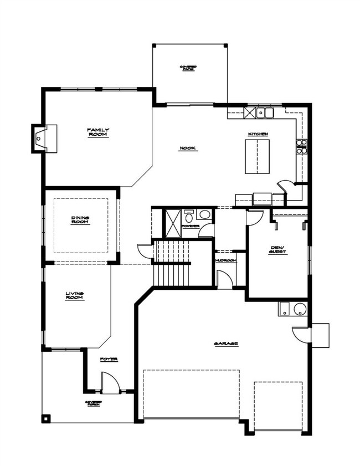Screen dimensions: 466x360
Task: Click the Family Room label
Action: tap(98, 132)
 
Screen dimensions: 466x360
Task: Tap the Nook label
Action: tap(188, 148)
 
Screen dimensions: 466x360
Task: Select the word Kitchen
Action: tap(258, 134)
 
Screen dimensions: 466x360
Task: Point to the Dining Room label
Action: tap(80, 220)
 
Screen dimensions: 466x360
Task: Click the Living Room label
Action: tap(75, 296)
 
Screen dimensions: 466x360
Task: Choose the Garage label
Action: tap(226, 344)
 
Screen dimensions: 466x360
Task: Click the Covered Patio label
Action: tap(188, 68)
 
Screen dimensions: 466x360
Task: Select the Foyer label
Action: tap(109, 360)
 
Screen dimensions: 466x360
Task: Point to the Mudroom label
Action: tap(225, 260)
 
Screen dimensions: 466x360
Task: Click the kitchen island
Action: tap(257, 157)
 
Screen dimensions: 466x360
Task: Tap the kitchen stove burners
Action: tap(301, 146)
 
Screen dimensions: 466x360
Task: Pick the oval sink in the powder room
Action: tap(204, 214)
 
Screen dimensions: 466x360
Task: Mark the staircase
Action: tap(172, 263)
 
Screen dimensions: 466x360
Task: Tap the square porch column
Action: tap(47, 418)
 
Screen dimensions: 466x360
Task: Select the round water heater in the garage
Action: tap(300, 309)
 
